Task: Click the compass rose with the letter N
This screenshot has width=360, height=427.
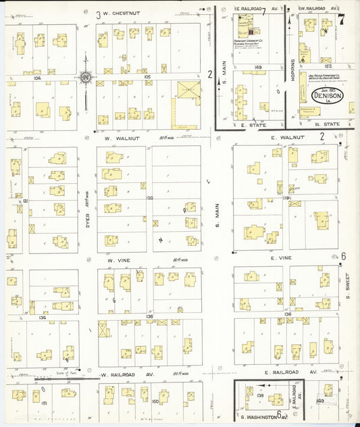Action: click(x=86, y=78)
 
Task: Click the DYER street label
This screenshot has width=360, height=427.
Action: click(x=88, y=211)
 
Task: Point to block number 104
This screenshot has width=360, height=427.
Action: click(x=37, y=78)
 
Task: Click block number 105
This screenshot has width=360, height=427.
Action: click(x=148, y=77)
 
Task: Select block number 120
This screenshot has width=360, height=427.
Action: click(x=149, y=199)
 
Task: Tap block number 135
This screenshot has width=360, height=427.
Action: click(x=149, y=316)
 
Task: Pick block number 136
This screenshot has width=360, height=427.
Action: click(x=288, y=314)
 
